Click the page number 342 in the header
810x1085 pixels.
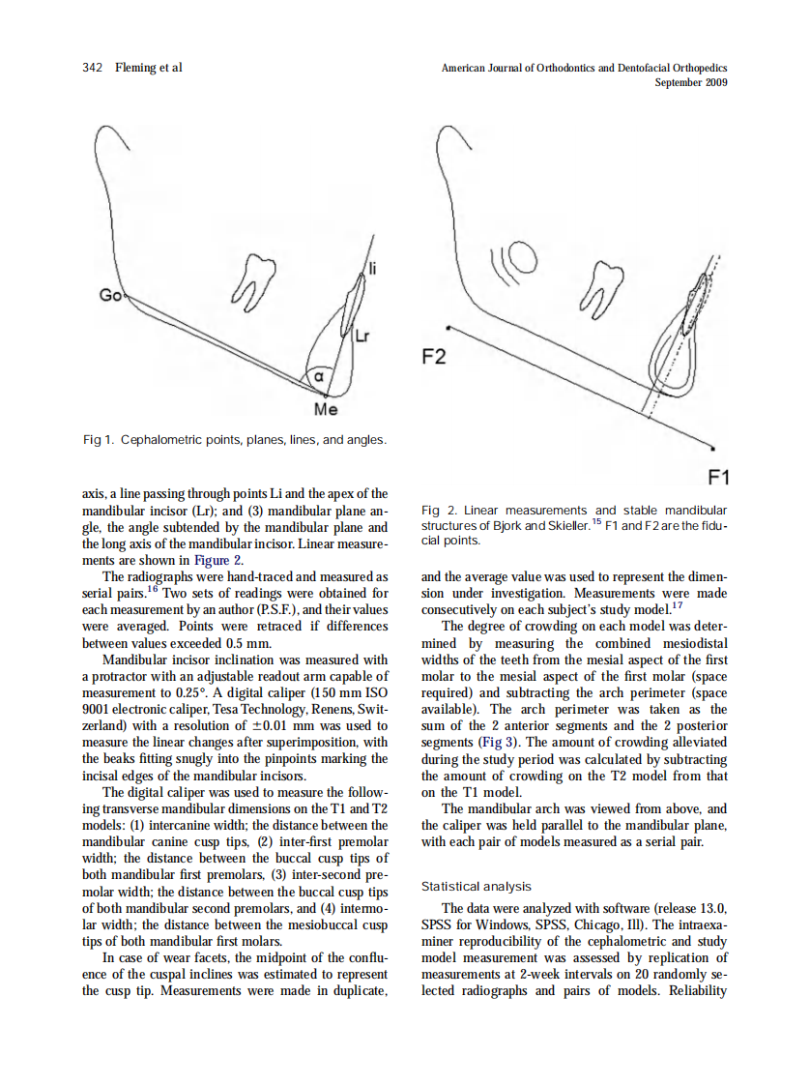point(93,68)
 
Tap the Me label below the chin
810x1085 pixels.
point(327,410)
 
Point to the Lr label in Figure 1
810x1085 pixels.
point(362,337)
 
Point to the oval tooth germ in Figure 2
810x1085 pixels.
point(523,257)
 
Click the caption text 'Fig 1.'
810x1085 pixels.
point(99,441)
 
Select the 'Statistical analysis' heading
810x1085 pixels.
point(476,886)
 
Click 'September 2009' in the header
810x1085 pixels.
point(690,82)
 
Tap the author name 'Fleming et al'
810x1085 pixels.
point(149,68)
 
